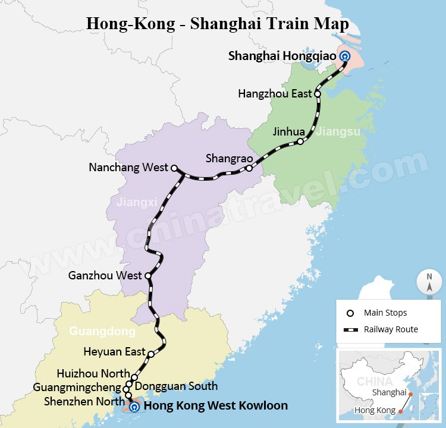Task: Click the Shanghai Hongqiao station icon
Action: (x=345, y=56)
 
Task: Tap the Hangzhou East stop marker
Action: (x=318, y=94)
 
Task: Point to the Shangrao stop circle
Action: (x=249, y=168)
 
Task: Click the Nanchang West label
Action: (x=128, y=168)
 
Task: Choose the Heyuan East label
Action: (x=114, y=351)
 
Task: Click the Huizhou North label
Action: (x=93, y=373)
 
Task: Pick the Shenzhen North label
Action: (x=84, y=401)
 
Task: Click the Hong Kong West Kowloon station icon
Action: (x=134, y=407)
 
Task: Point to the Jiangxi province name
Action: (x=134, y=203)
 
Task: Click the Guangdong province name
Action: (x=102, y=331)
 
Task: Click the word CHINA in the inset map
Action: (x=374, y=381)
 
